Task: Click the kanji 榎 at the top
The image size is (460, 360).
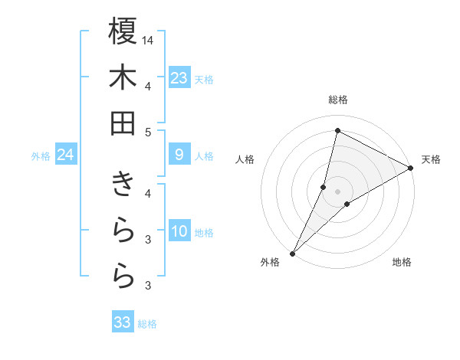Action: click(x=123, y=31)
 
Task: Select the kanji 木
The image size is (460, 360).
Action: click(x=123, y=77)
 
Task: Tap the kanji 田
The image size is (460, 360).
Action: click(x=123, y=123)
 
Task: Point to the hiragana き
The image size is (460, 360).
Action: click(x=123, y=185)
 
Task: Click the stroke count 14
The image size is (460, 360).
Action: click(x=148, y=39)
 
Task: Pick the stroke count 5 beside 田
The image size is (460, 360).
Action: click(x=148, y=132)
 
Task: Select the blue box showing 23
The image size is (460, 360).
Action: click(x=179, y=78)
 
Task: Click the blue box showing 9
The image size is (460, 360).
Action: click(x=179, y=155)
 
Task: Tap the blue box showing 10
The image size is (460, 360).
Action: click(x=179, y=232)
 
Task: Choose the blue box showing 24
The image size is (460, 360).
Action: click(x=65, y=155)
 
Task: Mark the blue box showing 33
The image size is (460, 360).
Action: click(x=123, y=322)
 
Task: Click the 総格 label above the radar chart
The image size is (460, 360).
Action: click(x=338, y=100)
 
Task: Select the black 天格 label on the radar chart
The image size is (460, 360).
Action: click(x=431, y=159)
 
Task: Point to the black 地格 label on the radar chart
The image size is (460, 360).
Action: click(x=402, y=263)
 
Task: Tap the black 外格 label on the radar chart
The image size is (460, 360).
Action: click(x=270, y=263)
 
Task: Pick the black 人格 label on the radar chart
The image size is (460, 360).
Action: click(x=245, y=159)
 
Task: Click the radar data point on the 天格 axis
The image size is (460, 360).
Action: click(x=411, y=168)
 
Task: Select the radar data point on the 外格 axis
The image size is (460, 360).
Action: click(x=293, y=253)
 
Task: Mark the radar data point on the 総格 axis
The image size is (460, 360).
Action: click(x=338, y=130)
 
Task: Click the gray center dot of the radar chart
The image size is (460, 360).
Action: click(x=338, y=191)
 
